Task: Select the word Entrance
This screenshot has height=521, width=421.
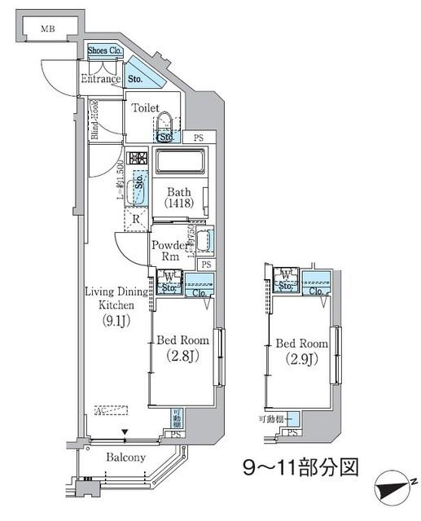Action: click(x=100, y=80)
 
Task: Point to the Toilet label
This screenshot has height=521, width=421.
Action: click(x=146, y=107)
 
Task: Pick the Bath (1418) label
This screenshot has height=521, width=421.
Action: click(x=180, y=198)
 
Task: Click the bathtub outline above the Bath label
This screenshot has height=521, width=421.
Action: click(x=181, y=161)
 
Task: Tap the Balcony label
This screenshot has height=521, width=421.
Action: click(x=126, y=457)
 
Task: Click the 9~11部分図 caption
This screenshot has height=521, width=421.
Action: click(x=300, y=467)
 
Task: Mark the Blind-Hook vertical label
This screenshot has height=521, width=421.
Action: click(x=95, y=120)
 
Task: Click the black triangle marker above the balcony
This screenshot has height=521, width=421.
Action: click(x=125, y=433)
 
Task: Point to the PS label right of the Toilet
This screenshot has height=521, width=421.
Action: click(x=198, y=138)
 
